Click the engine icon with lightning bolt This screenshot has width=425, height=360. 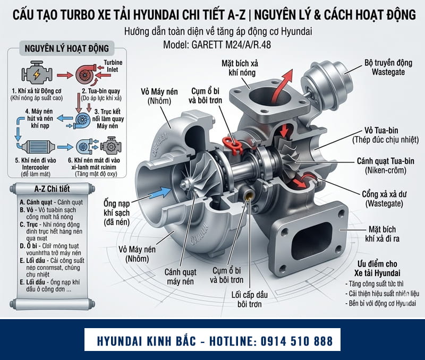pyautogui.click(x=32, y=74)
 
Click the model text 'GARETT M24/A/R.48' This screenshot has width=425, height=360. pyautogui.click(x=212, y=45)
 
